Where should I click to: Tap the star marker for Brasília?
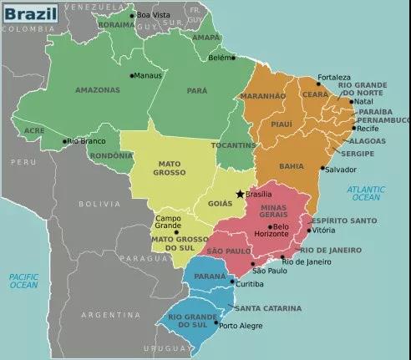coord(241,194)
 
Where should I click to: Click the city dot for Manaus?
coord(132,76)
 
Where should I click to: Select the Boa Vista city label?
coord(153,15)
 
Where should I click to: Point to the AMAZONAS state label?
coord(98,90)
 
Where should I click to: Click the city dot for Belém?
coord(233,58)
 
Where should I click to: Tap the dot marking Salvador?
coord(322,168)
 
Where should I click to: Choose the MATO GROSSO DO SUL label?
coord(178,244)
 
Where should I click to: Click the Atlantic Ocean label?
coord(365,193)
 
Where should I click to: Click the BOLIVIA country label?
coord(99,204)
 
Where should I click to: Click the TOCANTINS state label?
coord(234,145)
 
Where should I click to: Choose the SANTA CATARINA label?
coord(268,308)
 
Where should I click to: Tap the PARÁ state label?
coord(197,90)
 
